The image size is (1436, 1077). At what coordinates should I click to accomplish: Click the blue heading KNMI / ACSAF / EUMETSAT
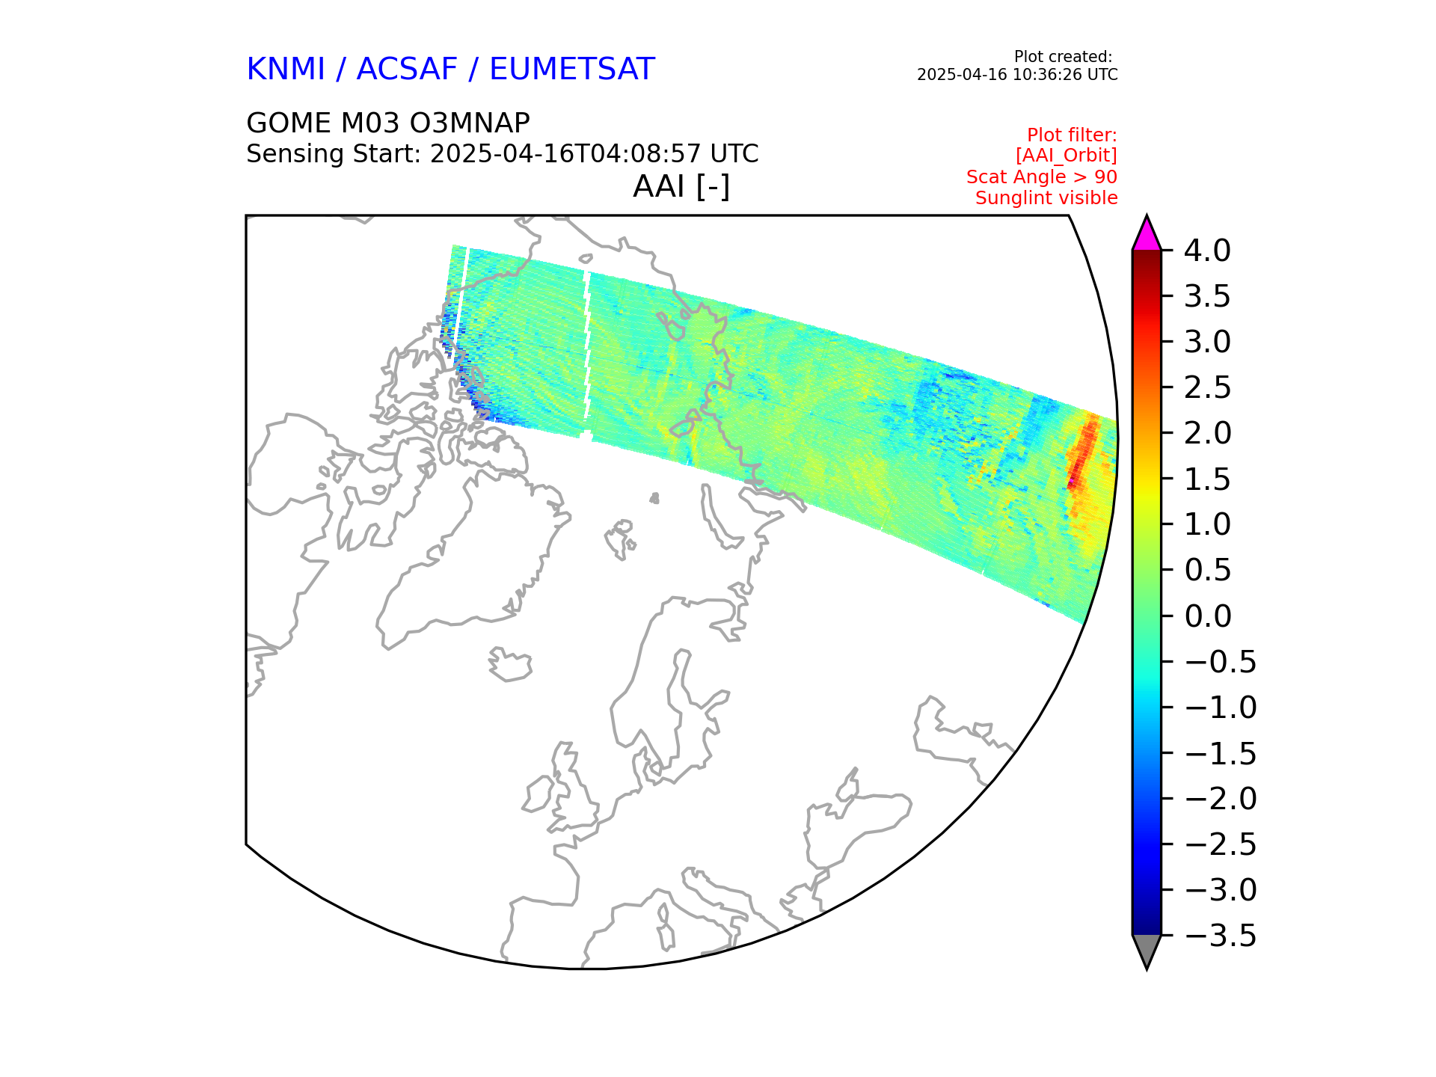coord(450,70)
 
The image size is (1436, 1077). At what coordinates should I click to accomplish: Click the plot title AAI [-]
coord(681,186)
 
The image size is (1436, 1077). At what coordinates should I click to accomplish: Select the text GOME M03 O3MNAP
coord(387,123)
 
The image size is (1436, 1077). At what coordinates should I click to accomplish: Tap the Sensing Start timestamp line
coord(502,154)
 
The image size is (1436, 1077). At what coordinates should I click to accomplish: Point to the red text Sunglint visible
coord(1046,198)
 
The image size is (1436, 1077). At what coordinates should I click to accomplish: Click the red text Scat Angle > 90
coord(1041,177)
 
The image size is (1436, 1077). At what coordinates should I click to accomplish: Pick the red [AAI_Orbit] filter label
coord(1066,156)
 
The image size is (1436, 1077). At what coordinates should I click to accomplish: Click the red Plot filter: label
coord(1071,135)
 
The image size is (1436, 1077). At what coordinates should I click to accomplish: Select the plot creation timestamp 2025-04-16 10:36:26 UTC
coord(1017,75)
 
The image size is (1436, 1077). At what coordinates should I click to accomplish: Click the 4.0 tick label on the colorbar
coord(1206,251)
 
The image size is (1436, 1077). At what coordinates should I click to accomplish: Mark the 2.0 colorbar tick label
coord(1207,434)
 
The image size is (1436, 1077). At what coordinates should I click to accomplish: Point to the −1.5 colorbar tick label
coord(1221,754)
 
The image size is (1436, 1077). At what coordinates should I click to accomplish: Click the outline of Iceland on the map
coord(511,665)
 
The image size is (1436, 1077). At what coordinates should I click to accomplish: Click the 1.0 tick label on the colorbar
coord(1207,525)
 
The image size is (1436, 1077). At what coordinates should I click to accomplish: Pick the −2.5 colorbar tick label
coord(1221,845)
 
